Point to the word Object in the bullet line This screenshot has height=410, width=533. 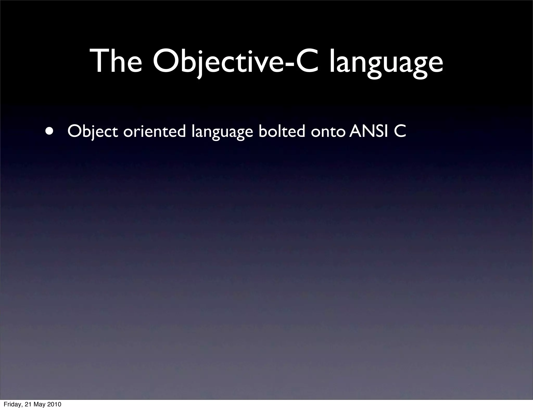tap(93, 132)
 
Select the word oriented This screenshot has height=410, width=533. tap(154, 131)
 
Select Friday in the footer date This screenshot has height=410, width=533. tap(12, 405)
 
